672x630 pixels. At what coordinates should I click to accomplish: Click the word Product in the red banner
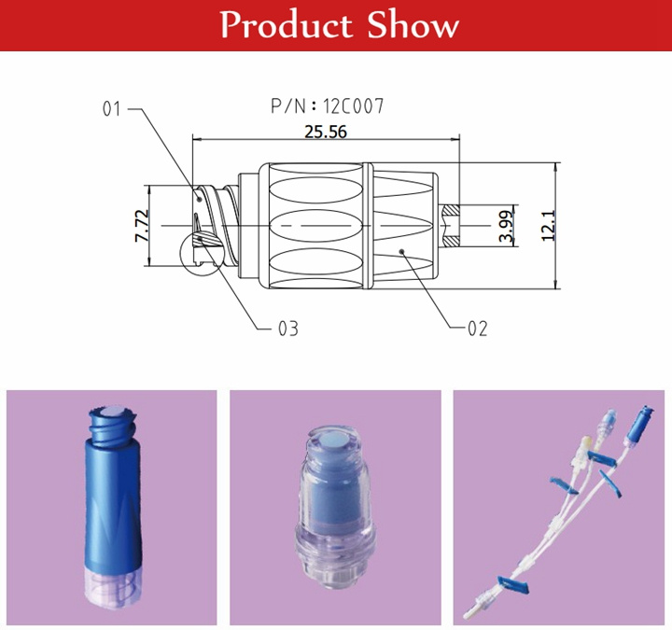287,25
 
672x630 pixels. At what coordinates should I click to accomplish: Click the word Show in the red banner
413,25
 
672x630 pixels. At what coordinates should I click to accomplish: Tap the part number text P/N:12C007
327,105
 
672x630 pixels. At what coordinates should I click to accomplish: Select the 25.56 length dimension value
326,132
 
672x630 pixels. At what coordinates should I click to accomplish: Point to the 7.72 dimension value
142,226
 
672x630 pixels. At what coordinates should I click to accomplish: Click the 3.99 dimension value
506,226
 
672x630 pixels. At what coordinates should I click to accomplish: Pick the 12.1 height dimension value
549,226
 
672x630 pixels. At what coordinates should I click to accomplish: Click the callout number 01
112,109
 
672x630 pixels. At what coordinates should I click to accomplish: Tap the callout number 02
478,329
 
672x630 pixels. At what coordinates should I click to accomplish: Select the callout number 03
288,329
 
